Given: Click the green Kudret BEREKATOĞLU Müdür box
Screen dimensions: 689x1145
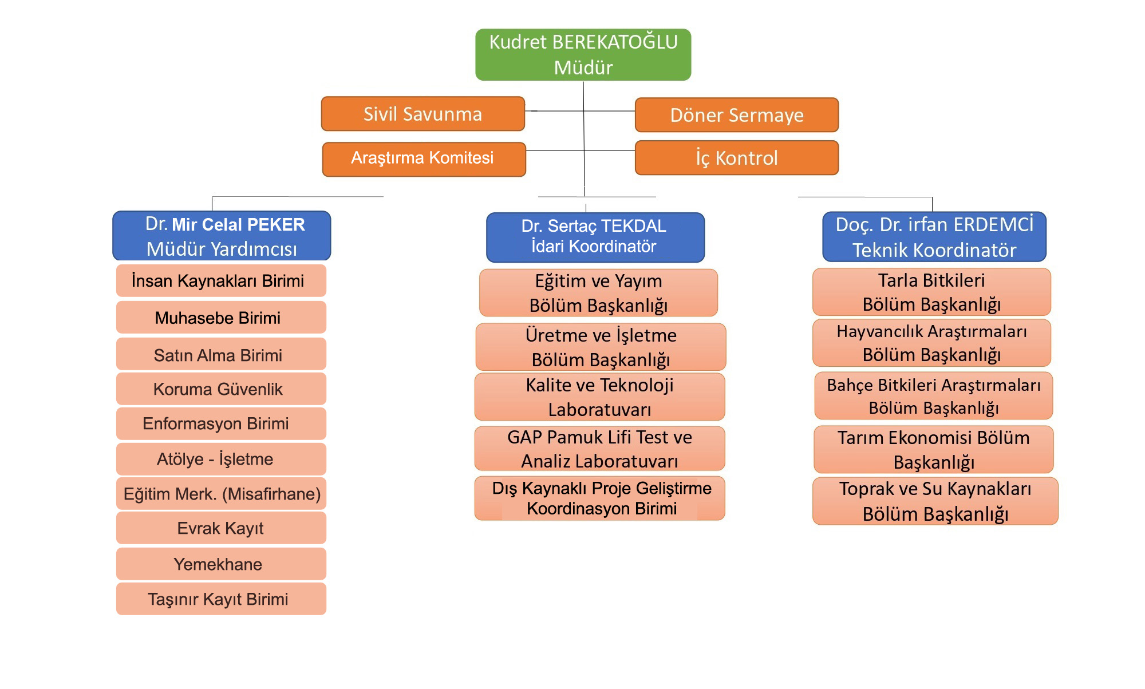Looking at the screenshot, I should pyautogui.click(x=583, y=54).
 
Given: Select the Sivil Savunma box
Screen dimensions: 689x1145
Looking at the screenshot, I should pyautogui.click(x=423, y=114).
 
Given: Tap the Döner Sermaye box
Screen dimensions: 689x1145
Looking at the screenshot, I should pyautogui.click(x=736, y=115).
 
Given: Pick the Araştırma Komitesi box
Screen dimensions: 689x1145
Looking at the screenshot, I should pyautogui.click(x=424, y=159).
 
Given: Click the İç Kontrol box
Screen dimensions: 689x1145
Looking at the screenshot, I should pyautogui.click(x=736, y=158).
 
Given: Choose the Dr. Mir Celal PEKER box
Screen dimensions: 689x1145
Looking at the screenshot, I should pyautogui.click(x=222, y=236).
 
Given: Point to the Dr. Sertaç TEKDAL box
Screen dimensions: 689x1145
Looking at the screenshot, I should pyautogui.click(x=595, y=237).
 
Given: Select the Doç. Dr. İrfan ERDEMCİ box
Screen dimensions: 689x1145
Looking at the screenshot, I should pyautogui.click(x=934, y=237).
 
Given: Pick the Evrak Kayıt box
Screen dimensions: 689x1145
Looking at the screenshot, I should pyautogui.click(x=221, y=528).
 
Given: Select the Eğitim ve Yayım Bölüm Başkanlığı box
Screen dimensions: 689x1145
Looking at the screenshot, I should pyautogui.click(x=598, y=293).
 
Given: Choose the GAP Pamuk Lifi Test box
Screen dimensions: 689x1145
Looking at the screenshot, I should pyautogui.click(x=599, y=449).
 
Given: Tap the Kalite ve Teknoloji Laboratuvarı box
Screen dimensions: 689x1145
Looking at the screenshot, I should pyautogui.click(x=599, y=397).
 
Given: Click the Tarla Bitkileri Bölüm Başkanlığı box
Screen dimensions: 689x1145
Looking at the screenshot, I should pyautogui.click(x=931, y=292).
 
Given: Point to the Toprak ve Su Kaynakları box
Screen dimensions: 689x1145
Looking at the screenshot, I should pyautogui.click(x=935, y=501).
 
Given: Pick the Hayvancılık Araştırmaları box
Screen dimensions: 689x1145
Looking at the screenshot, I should pyautogui.click(x=931, y=343).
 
